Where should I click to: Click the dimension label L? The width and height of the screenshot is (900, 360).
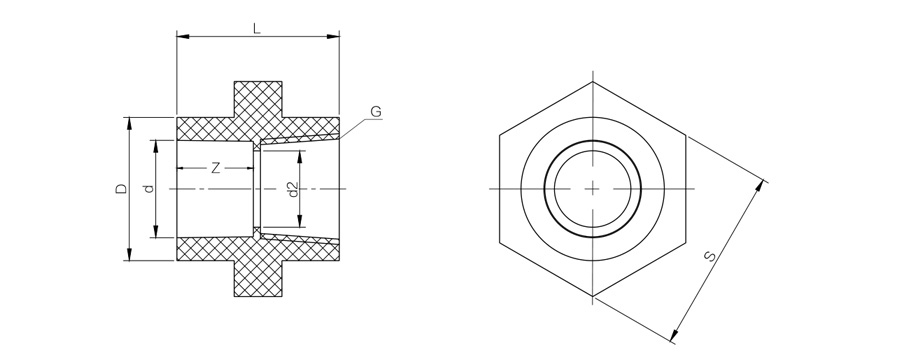point(257,29)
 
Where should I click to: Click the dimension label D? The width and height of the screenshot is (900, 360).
point(121,188)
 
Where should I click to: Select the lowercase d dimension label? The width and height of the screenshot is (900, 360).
point(149,188)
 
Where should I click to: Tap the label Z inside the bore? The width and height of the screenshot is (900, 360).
point(215,168)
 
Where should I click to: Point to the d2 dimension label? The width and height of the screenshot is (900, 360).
point(293,189)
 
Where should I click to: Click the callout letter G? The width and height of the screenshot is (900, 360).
point(376,112)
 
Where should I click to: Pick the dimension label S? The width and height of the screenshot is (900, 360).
point(711,256)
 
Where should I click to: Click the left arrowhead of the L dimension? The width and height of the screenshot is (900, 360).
point(183,37)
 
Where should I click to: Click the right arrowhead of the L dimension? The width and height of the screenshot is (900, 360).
point(333,37)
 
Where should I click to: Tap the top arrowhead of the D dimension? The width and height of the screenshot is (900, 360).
point(129,124)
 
